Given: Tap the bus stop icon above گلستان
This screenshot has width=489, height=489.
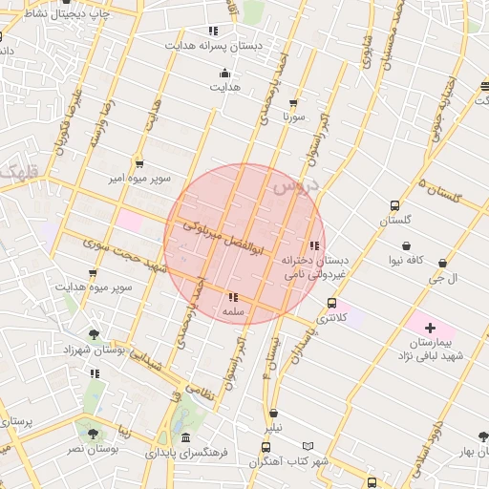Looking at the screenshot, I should [394, 205].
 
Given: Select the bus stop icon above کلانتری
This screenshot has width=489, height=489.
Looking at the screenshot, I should [331, 304].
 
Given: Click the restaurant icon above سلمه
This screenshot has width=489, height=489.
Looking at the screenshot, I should [234, 297].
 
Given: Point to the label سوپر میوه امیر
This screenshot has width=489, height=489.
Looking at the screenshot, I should [139, 179].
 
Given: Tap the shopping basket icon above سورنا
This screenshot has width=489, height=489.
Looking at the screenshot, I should [292, 102].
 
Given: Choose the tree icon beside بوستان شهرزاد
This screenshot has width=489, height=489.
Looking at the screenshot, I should [94, 334].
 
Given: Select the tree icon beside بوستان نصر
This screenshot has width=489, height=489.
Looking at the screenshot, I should [93, 434].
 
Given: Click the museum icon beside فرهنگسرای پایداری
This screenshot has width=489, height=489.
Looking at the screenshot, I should [185, 436].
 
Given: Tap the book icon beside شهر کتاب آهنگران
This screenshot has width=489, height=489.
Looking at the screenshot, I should [308, 446].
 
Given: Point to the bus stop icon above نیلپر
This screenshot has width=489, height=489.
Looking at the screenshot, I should [275, 415].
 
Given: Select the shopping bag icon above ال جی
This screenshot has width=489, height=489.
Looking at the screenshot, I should [441, 263].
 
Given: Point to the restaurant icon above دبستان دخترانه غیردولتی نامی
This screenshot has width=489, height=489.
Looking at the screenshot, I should [315, 245].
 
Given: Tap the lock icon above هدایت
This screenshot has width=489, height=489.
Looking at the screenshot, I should [224, 73].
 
